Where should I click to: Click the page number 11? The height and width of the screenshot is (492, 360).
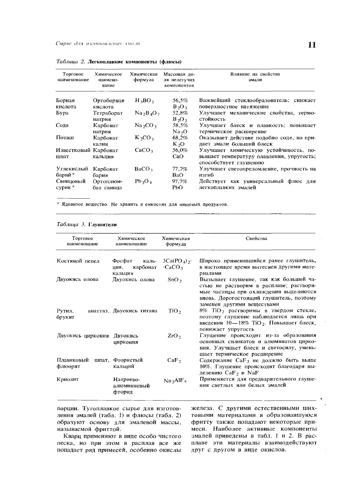pyautogui.click(x=312, y=45)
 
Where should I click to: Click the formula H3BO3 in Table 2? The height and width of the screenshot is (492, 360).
pyautogui.click(x=144, y=101)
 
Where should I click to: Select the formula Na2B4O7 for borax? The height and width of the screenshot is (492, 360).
pyautogui.click(x=147, y=113)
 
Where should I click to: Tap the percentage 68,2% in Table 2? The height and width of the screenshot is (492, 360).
pyautogui.click(x=180, y=138)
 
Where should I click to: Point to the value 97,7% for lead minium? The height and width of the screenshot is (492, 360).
pyautogui.click(x=180, y=181)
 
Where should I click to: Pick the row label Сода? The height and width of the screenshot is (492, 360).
pyautogui.click(x=63, y=125)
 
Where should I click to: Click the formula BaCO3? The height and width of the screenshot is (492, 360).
pyautogui.click(x=144, y=169)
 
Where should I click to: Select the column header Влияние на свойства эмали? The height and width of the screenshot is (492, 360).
pyautogui.click(x=255, y=77)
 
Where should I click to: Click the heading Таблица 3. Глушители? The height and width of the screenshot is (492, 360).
pyautogui.click(x=87, y=224)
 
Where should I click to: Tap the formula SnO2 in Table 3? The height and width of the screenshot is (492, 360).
pyautogui.click(x=175, y=280)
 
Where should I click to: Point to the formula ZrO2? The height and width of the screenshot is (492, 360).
pyautogui.click(x=174, y=336)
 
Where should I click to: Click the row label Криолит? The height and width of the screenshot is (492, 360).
pyautogui.click(x=68, y=379)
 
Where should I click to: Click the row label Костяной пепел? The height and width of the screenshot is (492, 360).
pyautogui.click(x=78, y=261)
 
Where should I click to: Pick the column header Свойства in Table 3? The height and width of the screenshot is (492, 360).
pyautogui.click(x=256, y=238)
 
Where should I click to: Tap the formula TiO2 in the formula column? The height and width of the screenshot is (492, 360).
pyautogui.click(x=175, y=311)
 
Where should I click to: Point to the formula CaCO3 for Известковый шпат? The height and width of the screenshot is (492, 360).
pyautogui.click(x=144, y=151)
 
